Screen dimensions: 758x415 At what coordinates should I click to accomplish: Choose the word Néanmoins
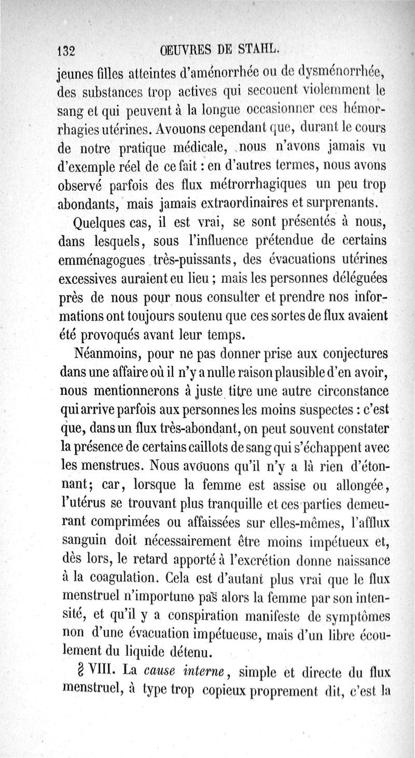pos(107,354)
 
